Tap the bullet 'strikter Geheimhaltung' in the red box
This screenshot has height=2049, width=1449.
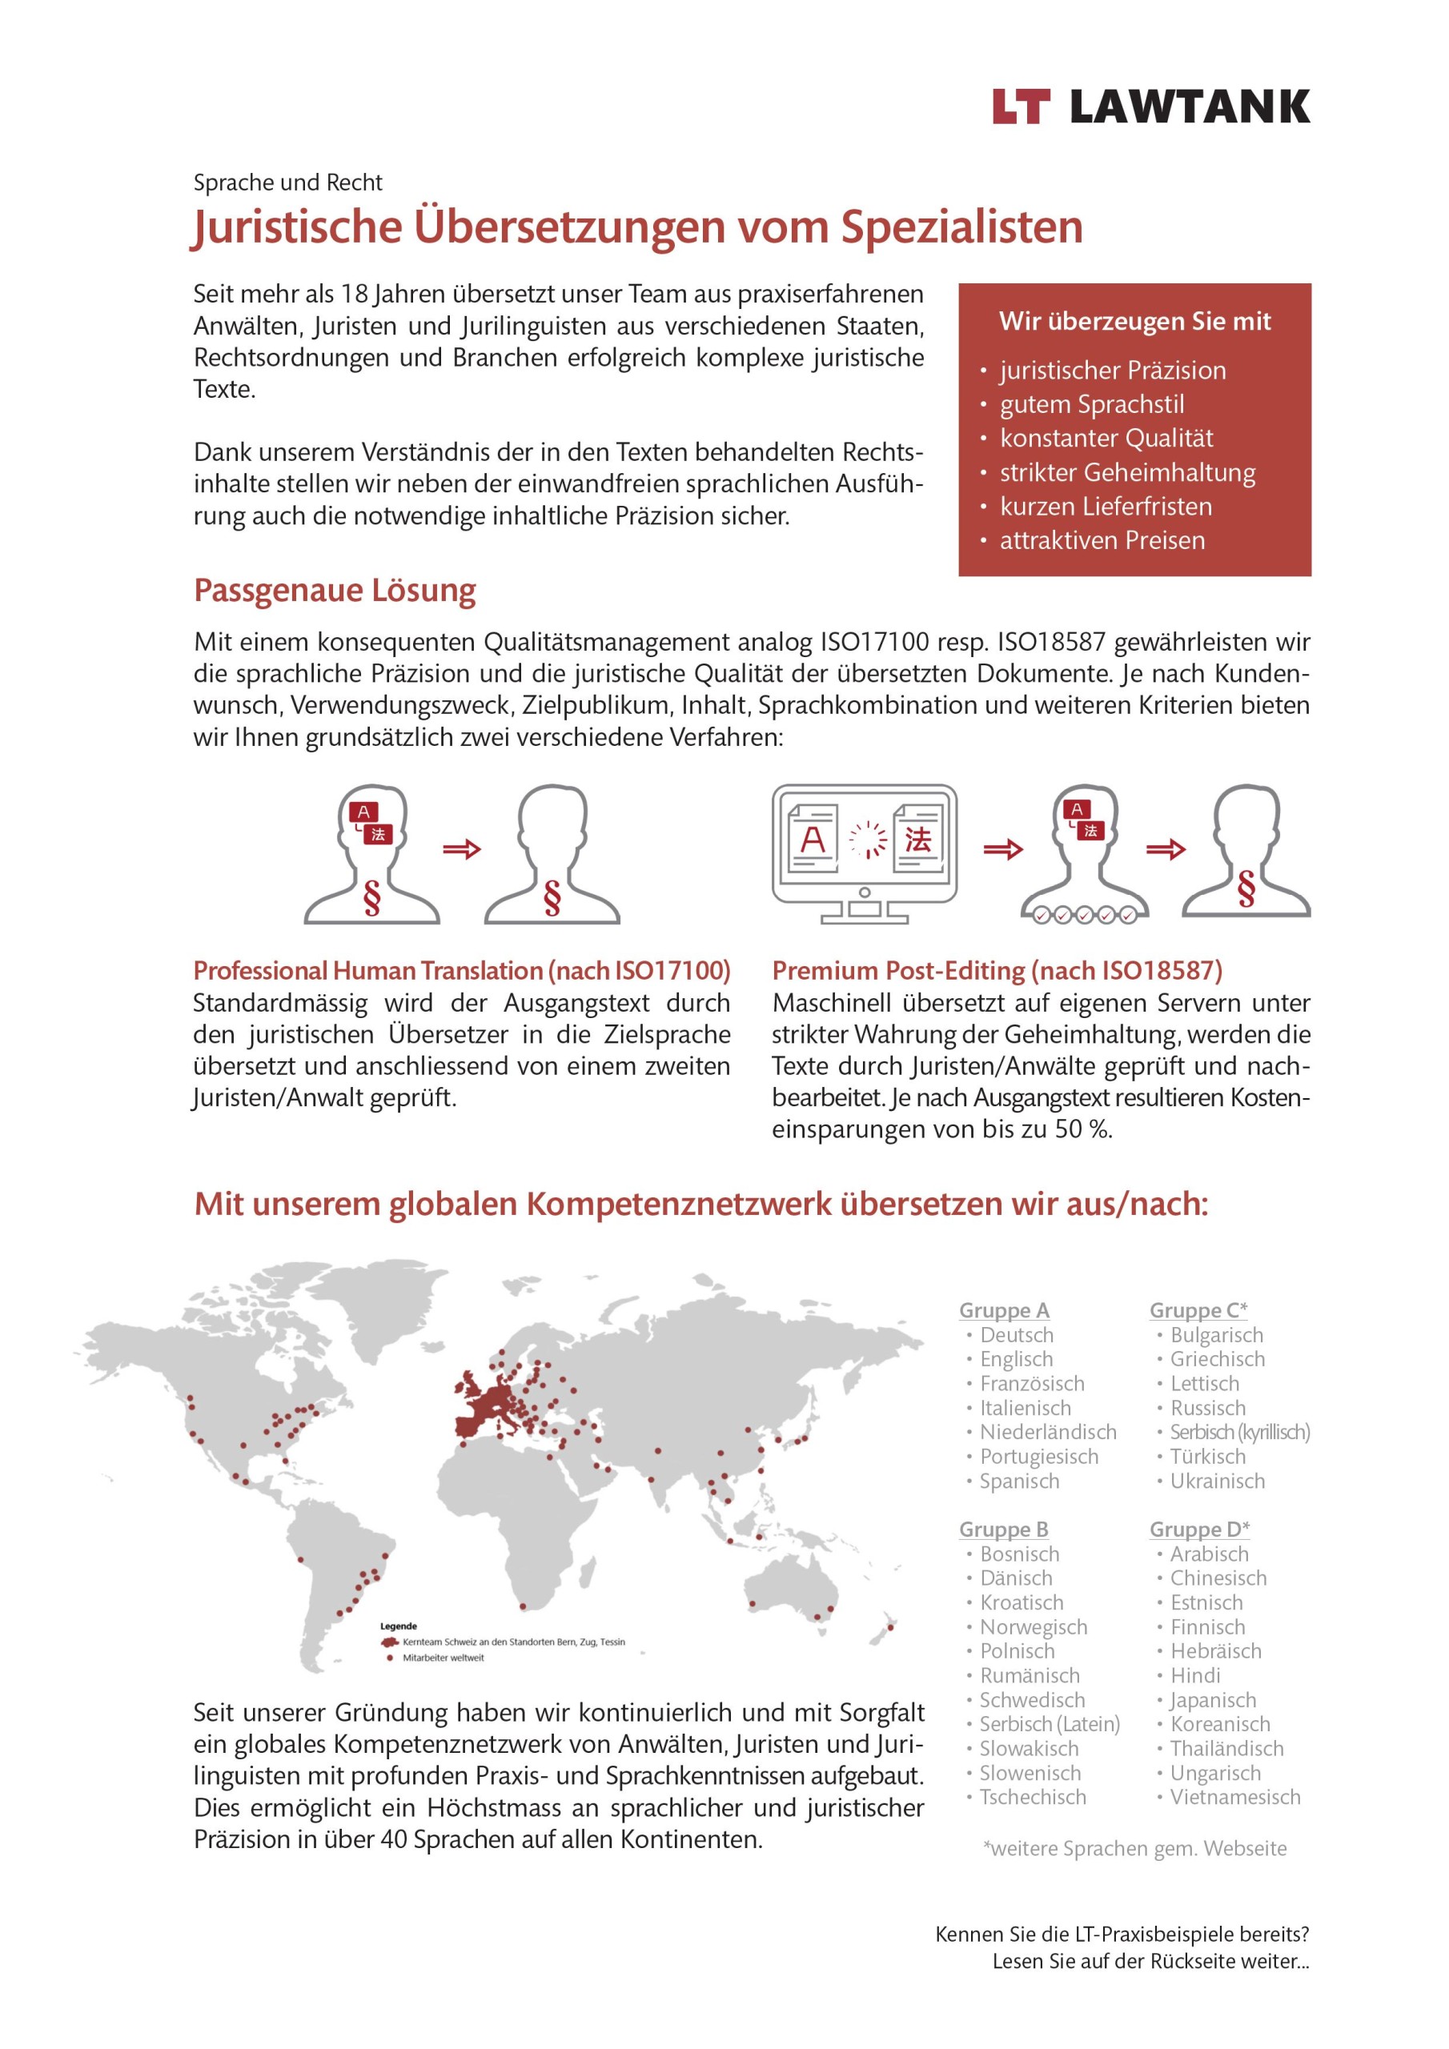[1126, 472]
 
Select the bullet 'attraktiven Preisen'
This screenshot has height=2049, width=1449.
[1102, 540]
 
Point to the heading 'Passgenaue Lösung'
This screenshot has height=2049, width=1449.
[335, 591]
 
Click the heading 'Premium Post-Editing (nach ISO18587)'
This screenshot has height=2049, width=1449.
[997, 970]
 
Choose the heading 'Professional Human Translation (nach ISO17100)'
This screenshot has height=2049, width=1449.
[462, 970]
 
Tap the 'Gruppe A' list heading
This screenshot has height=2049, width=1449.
[1004, 1310]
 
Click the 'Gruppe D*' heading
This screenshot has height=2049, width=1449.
[1199, 1529]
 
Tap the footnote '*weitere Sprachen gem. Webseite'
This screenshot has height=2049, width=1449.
[1134, 1848]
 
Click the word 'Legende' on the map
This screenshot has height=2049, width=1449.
[398, 1626]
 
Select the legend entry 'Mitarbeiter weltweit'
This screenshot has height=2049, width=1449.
[443, 1658]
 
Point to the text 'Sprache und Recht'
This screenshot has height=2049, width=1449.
[287, 183]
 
